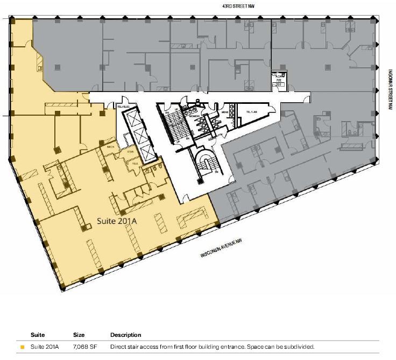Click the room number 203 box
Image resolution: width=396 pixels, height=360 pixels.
279,84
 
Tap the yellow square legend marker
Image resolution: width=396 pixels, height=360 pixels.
22,347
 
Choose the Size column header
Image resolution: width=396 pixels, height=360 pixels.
79,335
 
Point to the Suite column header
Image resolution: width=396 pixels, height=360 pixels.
38,335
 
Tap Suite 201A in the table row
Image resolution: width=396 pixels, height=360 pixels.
44,347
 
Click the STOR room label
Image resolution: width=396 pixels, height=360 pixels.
130,152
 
